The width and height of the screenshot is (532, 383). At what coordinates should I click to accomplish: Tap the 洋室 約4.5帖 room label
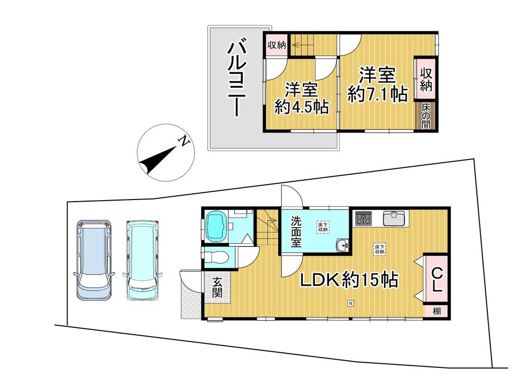pyautogui.click(x=301, y=99)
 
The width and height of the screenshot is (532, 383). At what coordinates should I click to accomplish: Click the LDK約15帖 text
pyautogui.click(x=348, y=281)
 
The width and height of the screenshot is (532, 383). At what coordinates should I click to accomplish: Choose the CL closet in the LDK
pyautogui.click(x=437, y=279)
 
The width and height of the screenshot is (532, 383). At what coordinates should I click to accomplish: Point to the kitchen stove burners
pyautogui.click(x=364, y=218)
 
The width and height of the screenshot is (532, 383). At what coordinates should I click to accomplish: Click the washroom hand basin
pyautogui.click(x=341, y=245)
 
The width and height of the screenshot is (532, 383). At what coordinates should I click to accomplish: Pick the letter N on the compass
pyautogui.click(x=182, y=140)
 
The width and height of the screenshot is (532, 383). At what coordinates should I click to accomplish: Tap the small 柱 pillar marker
pyautogui.click(x=351, y=302)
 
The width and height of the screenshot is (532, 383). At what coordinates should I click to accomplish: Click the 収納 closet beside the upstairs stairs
pyautogui.click(x=276, y=45)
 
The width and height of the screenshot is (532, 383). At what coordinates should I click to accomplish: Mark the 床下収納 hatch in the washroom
pyautogui.click(x=323, y=227)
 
